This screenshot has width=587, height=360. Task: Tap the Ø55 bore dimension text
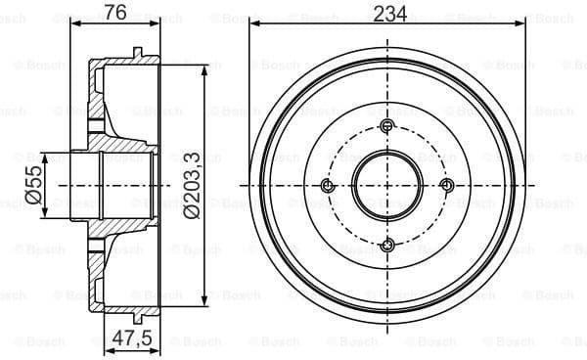point(31,185)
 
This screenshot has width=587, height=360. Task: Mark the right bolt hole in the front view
point(447,186)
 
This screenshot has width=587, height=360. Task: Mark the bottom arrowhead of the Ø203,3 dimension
point(203,299)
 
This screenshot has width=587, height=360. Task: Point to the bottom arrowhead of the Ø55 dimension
point(44,215)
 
